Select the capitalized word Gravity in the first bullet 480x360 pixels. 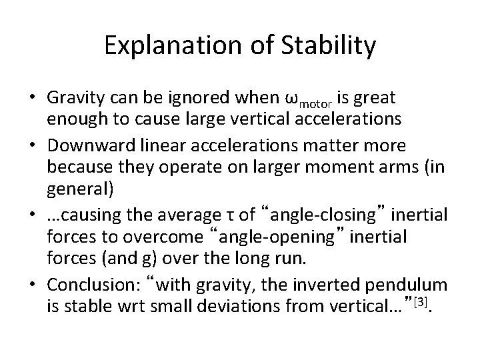click(x=73, y=99)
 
